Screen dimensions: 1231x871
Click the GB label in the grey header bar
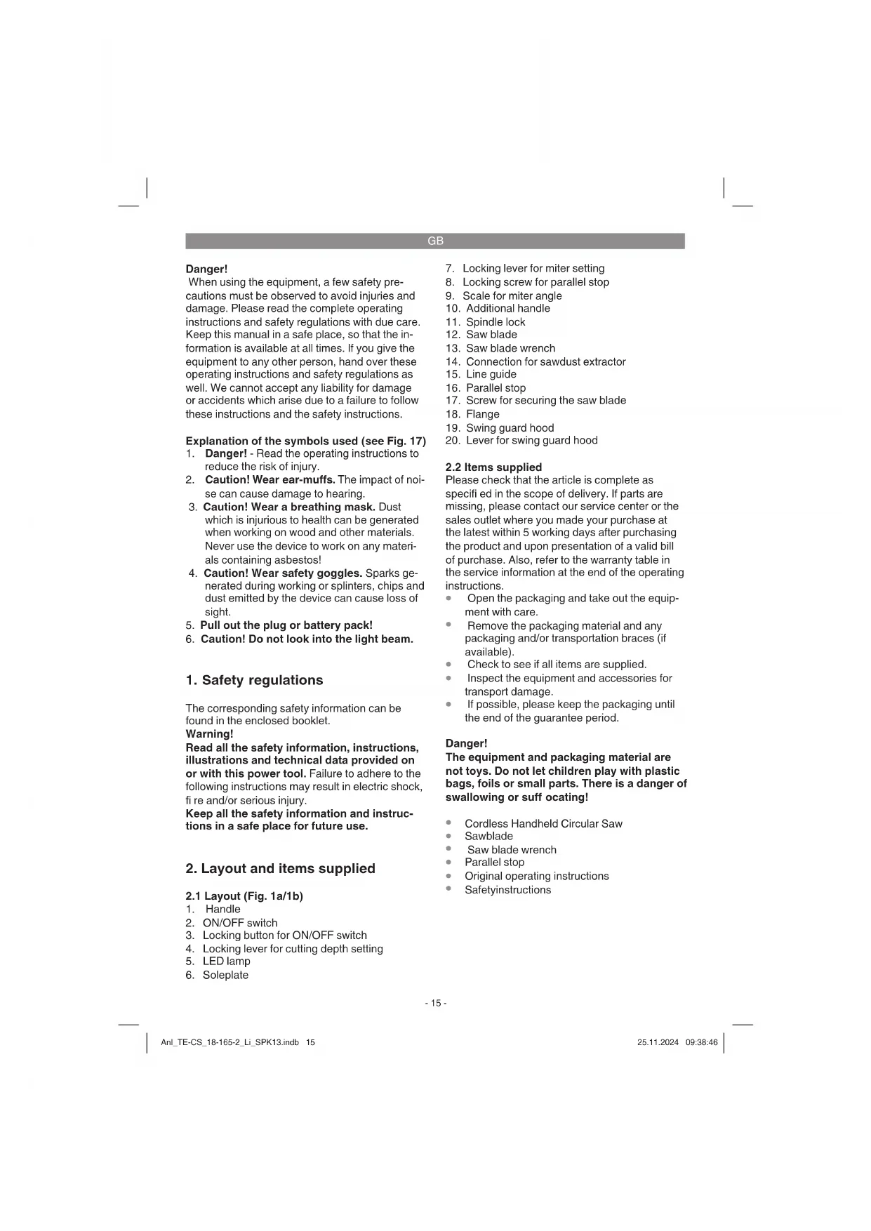(435, 241)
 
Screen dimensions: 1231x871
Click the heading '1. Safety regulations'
(254, 680)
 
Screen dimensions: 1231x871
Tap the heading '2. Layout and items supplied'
(280, 868)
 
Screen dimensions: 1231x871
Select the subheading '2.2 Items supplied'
(493, 467)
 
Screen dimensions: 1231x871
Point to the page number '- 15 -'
(435, 1003)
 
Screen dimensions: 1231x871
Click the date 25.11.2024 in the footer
(658, 1042)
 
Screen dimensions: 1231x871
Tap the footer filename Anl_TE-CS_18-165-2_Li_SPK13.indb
(230, 1042)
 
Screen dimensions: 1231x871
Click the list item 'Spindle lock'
(496, 321)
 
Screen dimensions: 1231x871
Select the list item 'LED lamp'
(226, 961)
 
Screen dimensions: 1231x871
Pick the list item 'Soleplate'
(225, 975)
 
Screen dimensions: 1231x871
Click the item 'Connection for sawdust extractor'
(545, 361)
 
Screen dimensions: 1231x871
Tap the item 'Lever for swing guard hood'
(531, 440)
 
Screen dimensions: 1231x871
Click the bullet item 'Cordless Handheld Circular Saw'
(543, 823)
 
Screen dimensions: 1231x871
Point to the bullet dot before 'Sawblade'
(448, 836)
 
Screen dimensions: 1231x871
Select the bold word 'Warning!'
(209, 734)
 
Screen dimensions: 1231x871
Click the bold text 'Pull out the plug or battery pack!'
(286, 625)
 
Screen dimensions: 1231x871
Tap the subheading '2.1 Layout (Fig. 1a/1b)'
(244, 896)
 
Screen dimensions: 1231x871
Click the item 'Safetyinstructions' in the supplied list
(507, 889)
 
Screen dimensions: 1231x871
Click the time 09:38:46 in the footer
(701, 1042)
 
